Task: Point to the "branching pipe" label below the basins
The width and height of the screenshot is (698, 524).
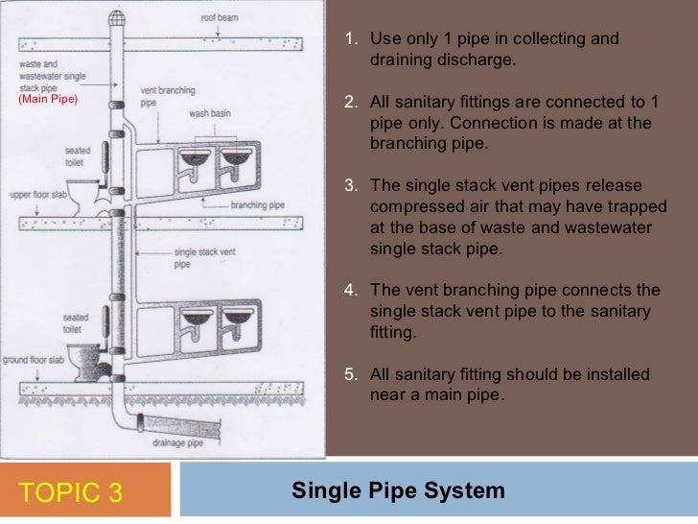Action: (x=254, y=205)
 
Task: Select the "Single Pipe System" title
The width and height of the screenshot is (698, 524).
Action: (x=398, y=491)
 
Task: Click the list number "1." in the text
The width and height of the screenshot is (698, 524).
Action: (x=351, y=39)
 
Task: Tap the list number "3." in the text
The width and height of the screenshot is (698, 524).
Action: (x=351, y=185)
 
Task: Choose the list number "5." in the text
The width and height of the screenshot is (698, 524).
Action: (x=351, y=373)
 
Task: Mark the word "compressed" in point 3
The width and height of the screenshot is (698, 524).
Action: (x=412, y=208)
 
